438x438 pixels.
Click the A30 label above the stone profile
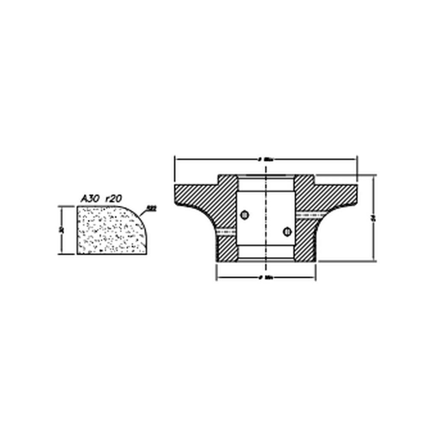coord(90,198)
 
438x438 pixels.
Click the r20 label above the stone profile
coord(113,198)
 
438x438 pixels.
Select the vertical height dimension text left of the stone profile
coord(62,230)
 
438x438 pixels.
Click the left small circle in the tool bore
coord(245,215)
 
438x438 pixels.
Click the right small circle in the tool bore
coord(287,231)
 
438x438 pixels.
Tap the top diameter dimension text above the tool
coord(266,159)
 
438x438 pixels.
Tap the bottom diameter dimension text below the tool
coord(266,278)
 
